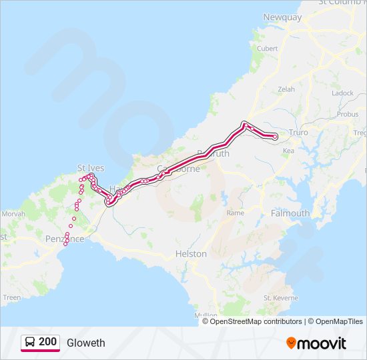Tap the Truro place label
click(x=298, y=133)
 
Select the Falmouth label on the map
click(x=290, y=213)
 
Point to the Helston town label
click(x=191, y=254)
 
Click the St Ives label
click(x=91, y=168)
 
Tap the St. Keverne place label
click(x=280, y=297)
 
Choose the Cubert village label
click(x=267, y=48)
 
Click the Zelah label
click(x=286, y=89)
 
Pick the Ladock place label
click(x=342, y=93)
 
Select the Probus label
click(x=348, y=114)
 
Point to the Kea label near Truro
click(x=288, y=151)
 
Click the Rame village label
click(x=236, y=213)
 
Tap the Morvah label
click(x=13, y=213)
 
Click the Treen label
click(x=12, y=297)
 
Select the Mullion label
click(x=206, y=315)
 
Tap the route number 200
click(x=47, y=342)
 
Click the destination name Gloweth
click(x=86, y=343)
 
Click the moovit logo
click(x=316, y=343)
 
